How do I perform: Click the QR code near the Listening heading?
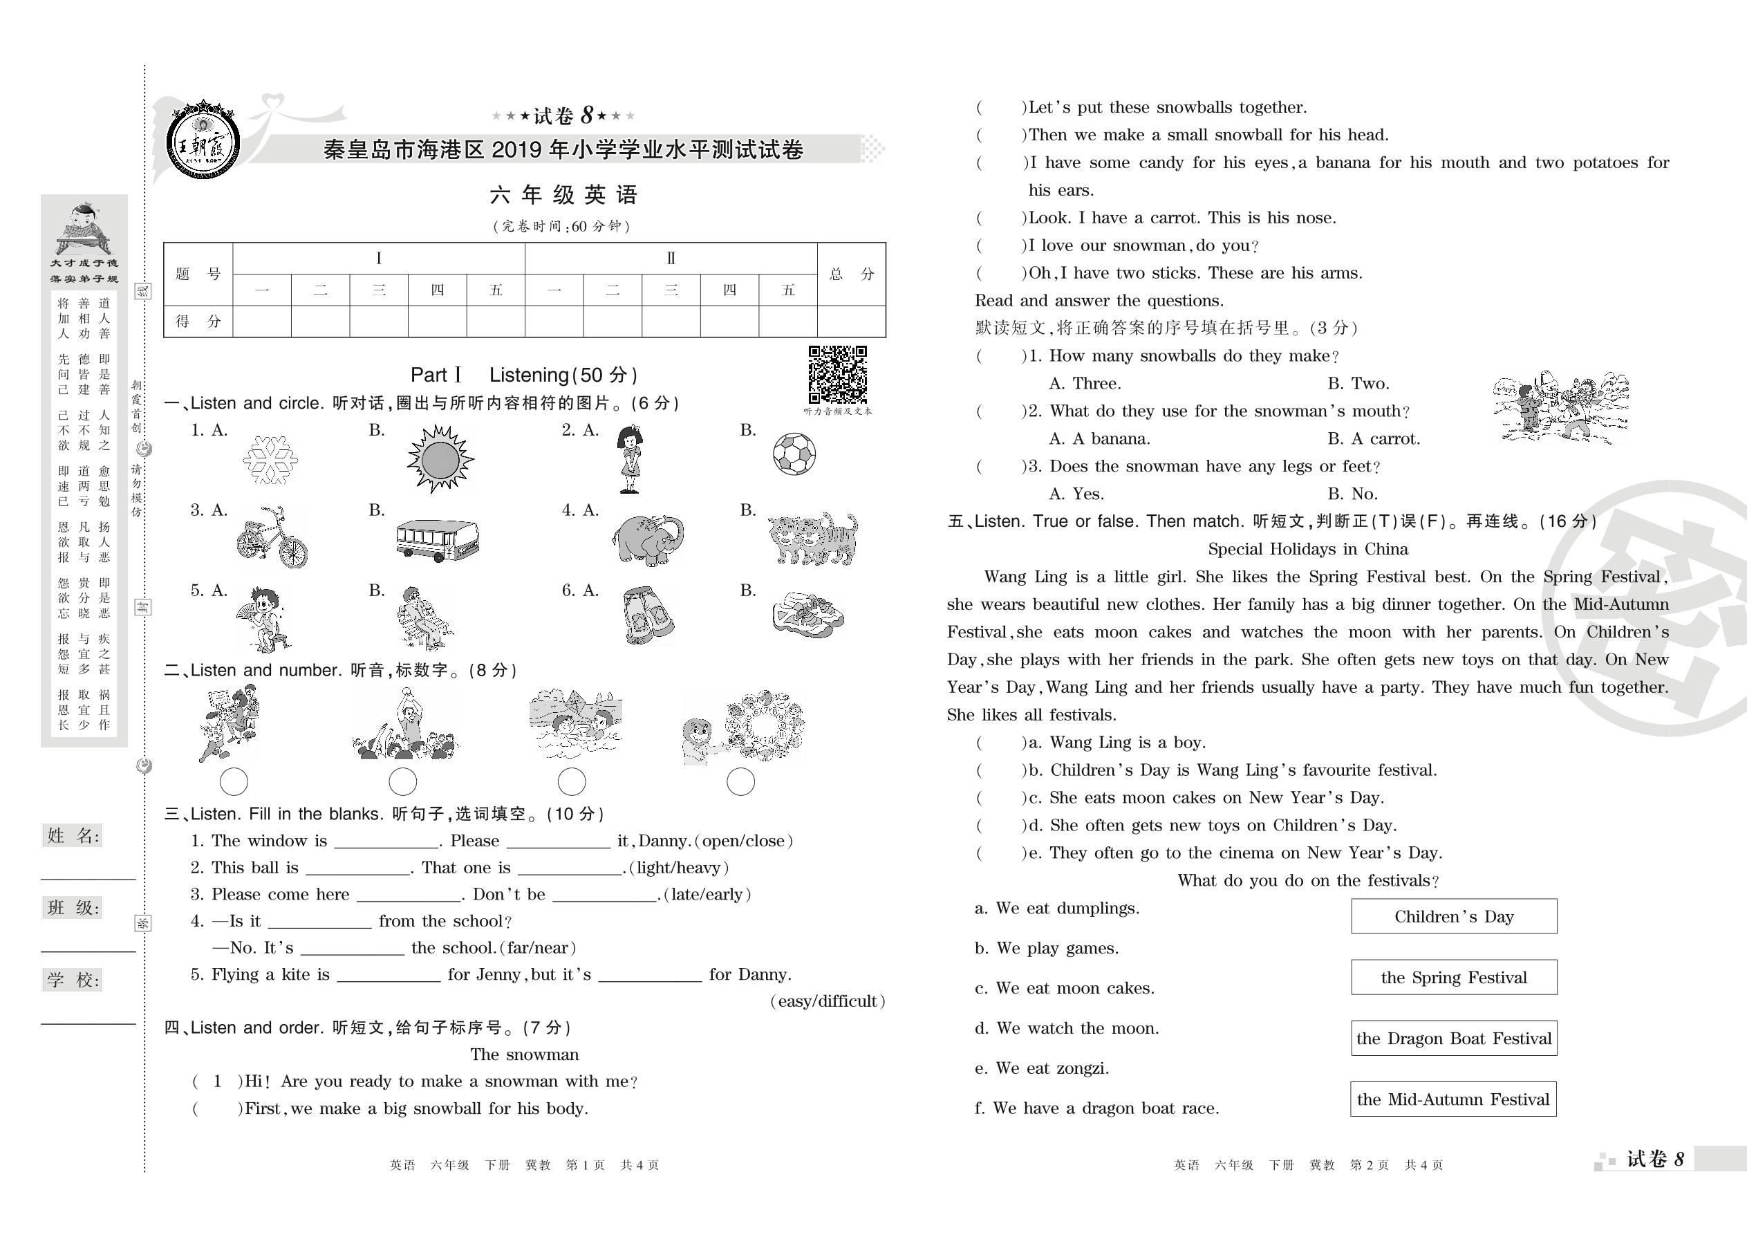coord(837,374)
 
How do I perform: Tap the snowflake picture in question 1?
coord(270,459)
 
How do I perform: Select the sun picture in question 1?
coord(440,458)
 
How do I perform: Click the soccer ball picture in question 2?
coord(794,454)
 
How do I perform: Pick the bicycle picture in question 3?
coord(272,538)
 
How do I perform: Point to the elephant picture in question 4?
coord(647,539)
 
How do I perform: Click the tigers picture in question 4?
coord(812,538)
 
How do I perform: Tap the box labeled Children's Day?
coord(1453,916)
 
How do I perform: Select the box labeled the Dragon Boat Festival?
coord(1453,1038)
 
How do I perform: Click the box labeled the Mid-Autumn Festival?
coord(1453,1099)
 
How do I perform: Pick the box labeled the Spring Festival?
coord(1453,977)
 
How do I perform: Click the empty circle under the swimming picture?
coord(571,781)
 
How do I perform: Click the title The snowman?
coord(524,1054)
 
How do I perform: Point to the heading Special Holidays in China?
coord(1307,549)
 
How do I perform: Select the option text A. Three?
coord(1085,383)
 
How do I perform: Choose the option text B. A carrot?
coord(1373,439)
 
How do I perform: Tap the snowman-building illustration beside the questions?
coord(1560,407)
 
